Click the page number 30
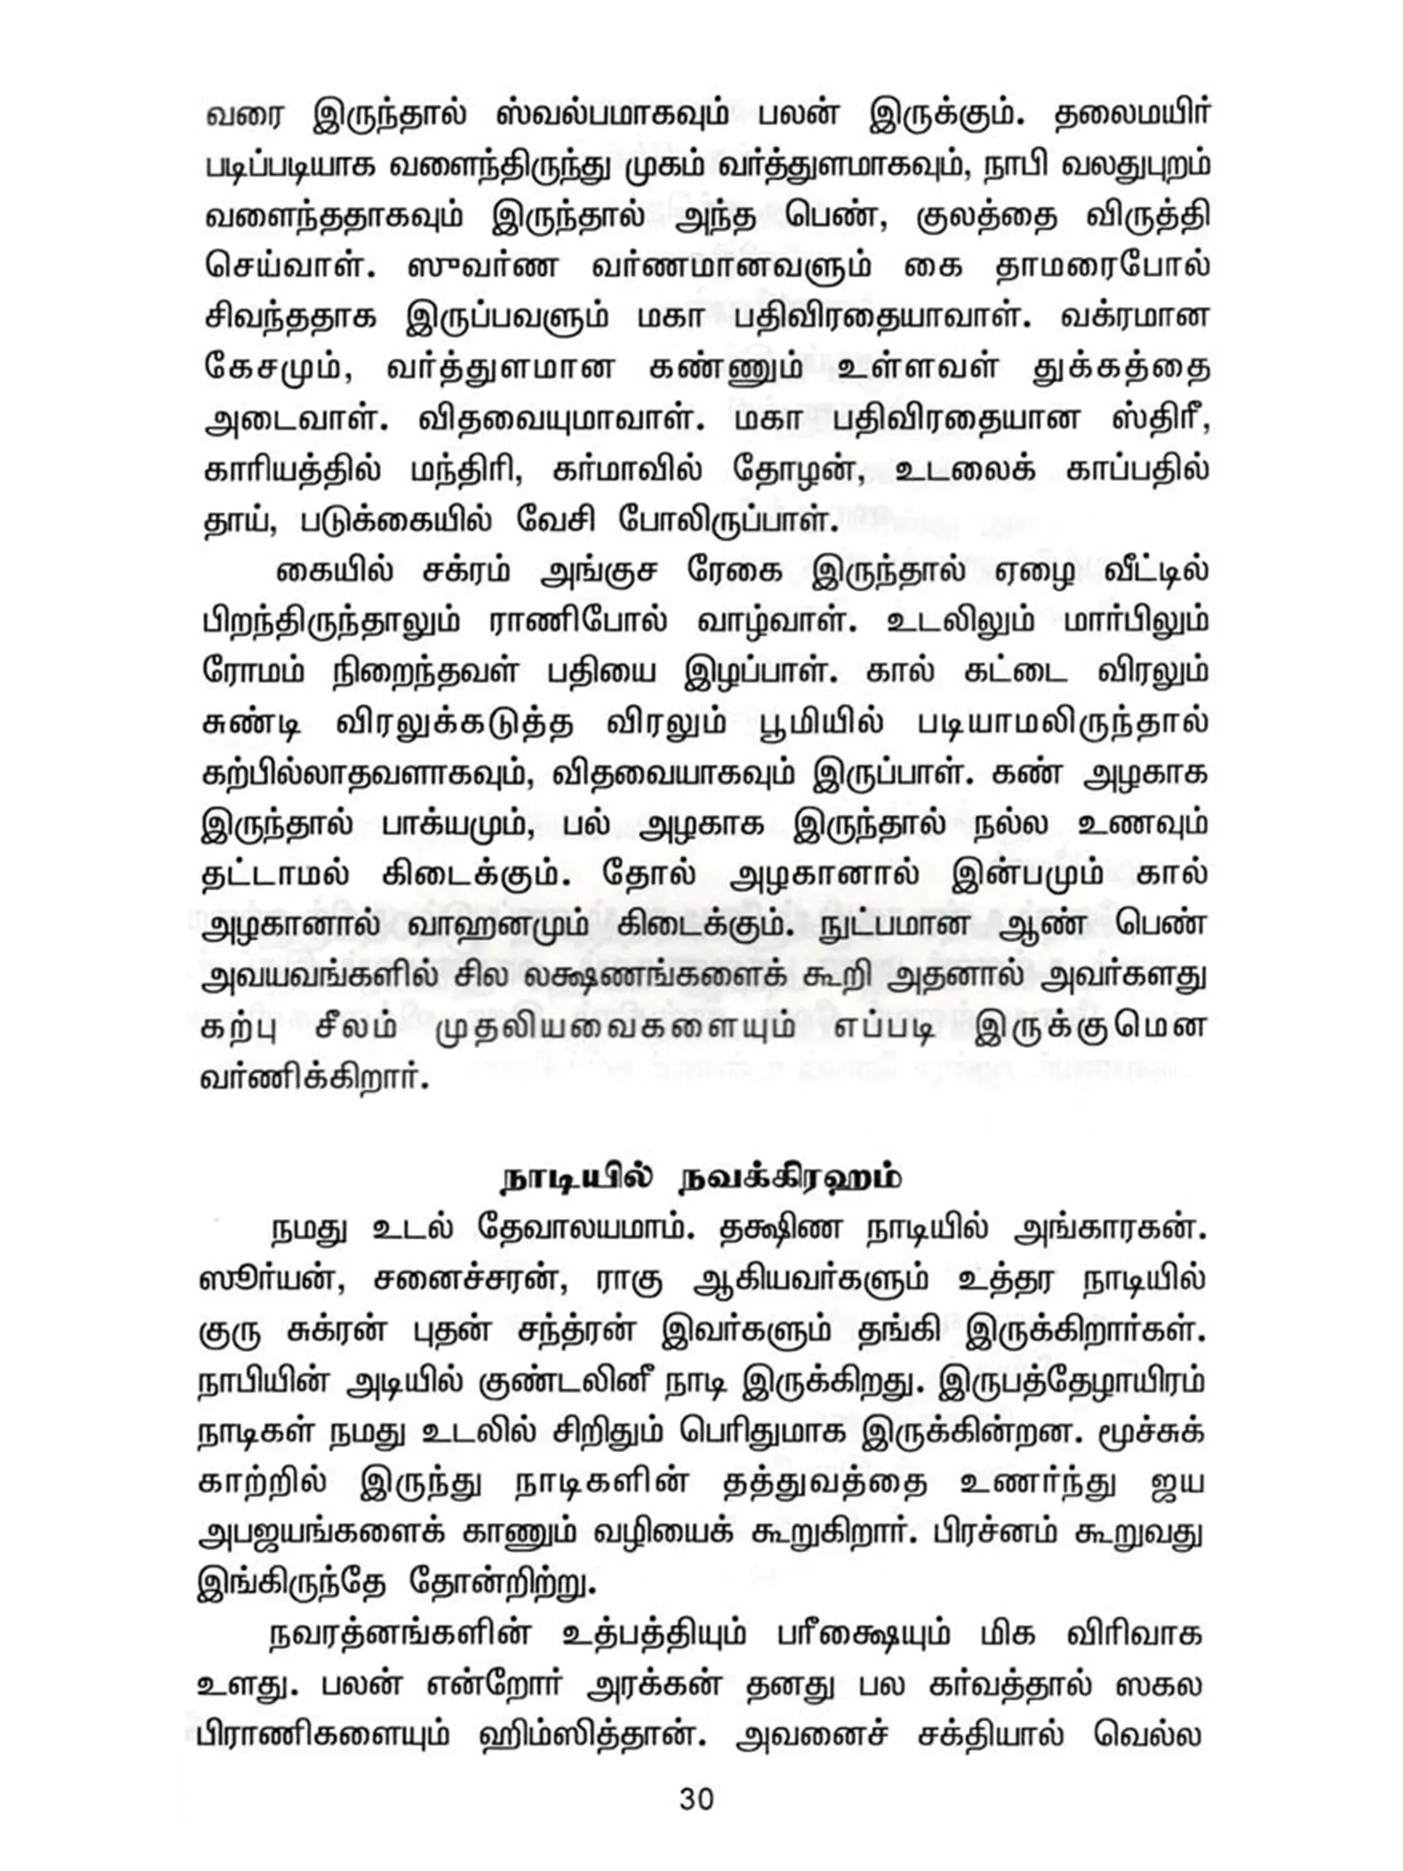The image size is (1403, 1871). click(x=697, y=1798)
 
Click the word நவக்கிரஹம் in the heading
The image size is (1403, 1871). click(x=790, y=1178)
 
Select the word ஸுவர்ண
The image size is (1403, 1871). click(x=484, y=267)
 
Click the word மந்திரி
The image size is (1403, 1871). click(x=465, y=470)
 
